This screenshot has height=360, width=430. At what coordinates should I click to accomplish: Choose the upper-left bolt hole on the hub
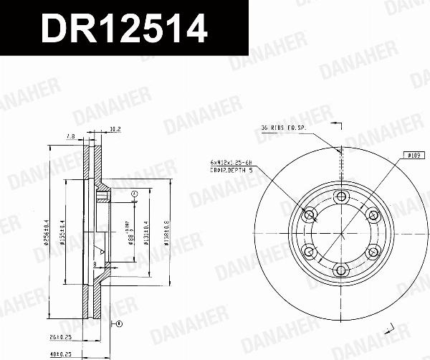coord(310,215)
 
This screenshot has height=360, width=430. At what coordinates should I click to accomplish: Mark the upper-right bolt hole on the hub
coord(373,215)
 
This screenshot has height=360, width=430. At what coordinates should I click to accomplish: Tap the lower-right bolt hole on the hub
coord(373,252)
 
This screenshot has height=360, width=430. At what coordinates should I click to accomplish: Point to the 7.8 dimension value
coord(70,136)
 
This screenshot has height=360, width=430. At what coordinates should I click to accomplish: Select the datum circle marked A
coord(134,194)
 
